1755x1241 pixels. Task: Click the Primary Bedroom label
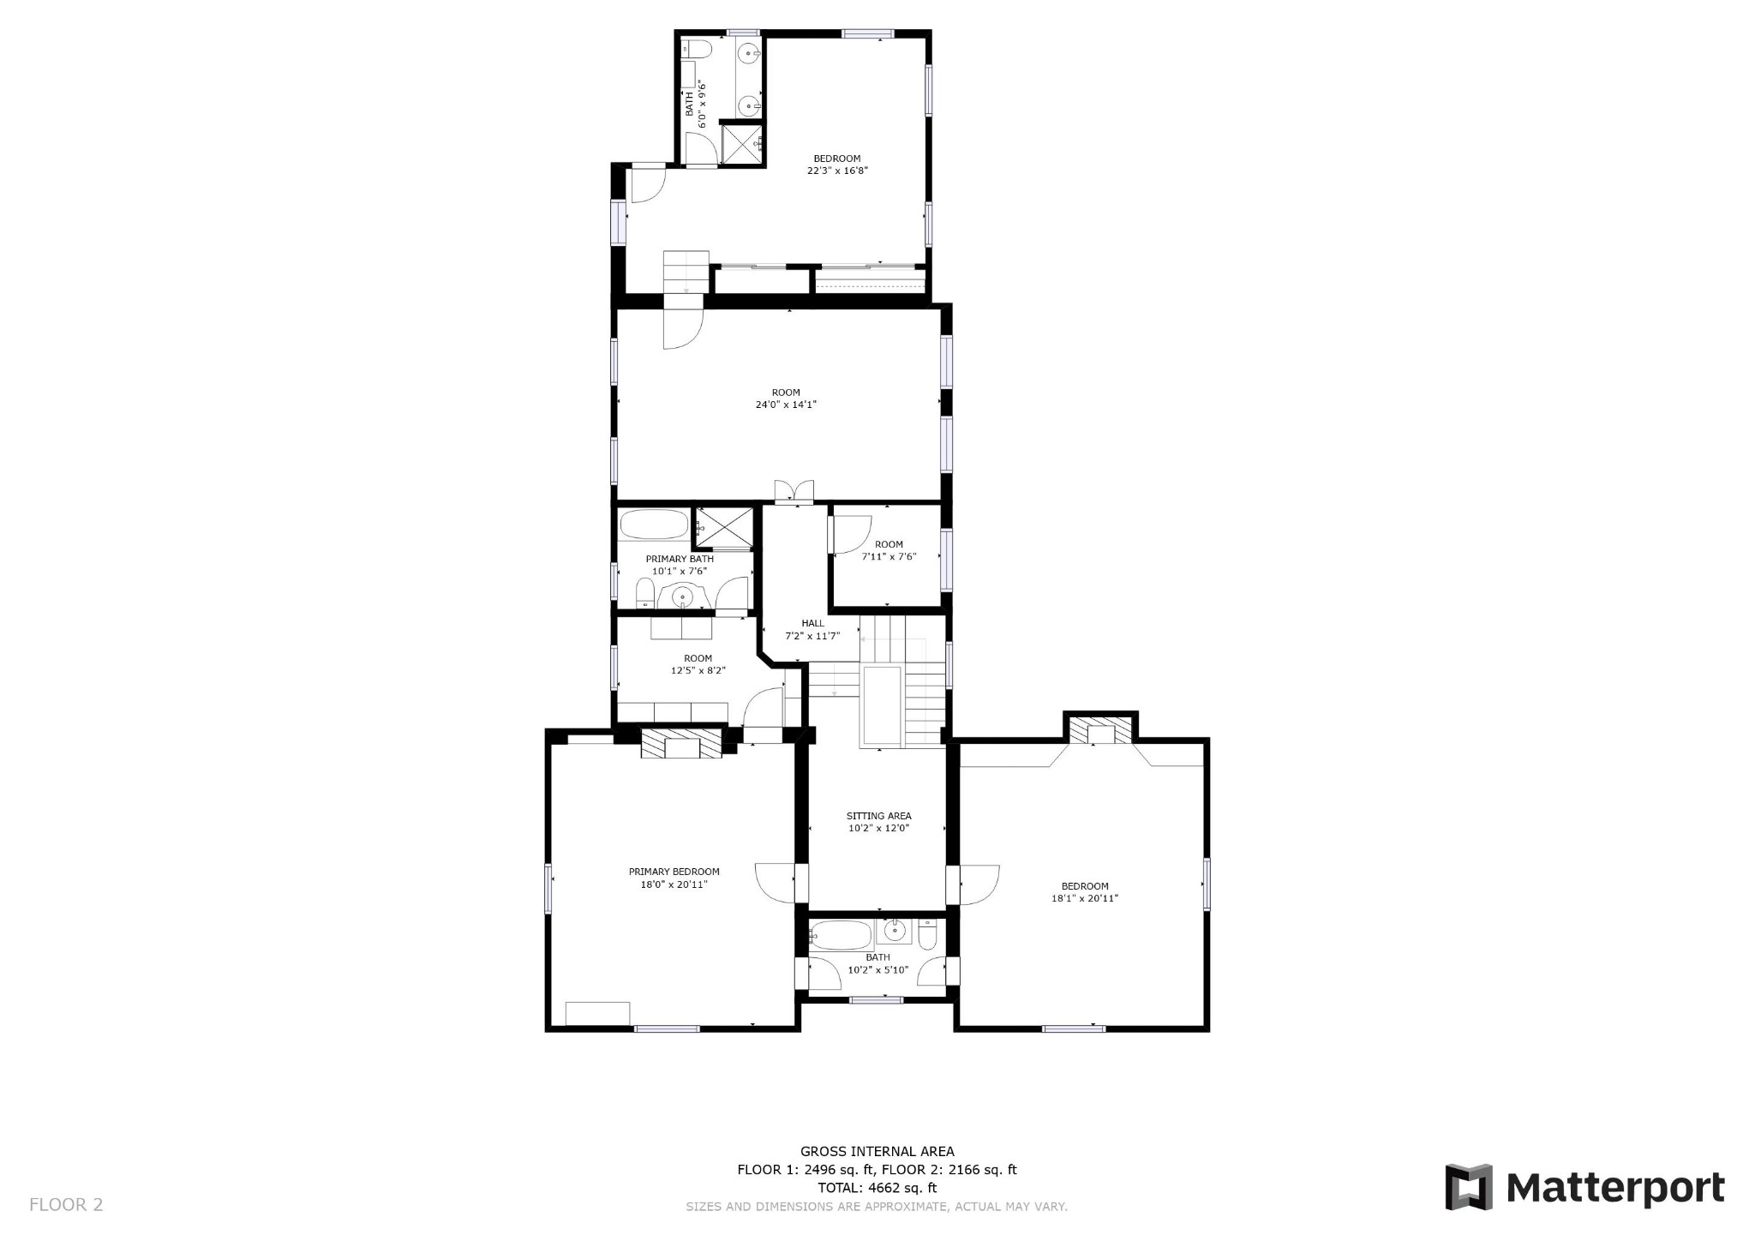tap(674, 872)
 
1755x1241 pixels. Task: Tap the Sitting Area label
tap(878, 816)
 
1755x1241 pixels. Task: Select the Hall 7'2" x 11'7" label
tap(812, 630)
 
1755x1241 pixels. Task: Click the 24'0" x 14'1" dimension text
tap(786, 405)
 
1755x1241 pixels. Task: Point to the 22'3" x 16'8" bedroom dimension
tap(837, 171)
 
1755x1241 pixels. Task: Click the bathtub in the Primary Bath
tap(654, 525)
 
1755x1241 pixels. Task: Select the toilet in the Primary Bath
tap(645, 592)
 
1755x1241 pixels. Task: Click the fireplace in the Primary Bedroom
tap(682, 743)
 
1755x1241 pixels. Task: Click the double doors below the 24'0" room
tap(794, 492)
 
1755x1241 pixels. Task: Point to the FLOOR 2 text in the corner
tap(66, 1204)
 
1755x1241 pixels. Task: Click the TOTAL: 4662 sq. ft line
tap(877, 1188)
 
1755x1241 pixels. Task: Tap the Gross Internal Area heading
tap(877, 1152)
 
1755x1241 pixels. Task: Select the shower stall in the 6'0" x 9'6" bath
tap(740, 143)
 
